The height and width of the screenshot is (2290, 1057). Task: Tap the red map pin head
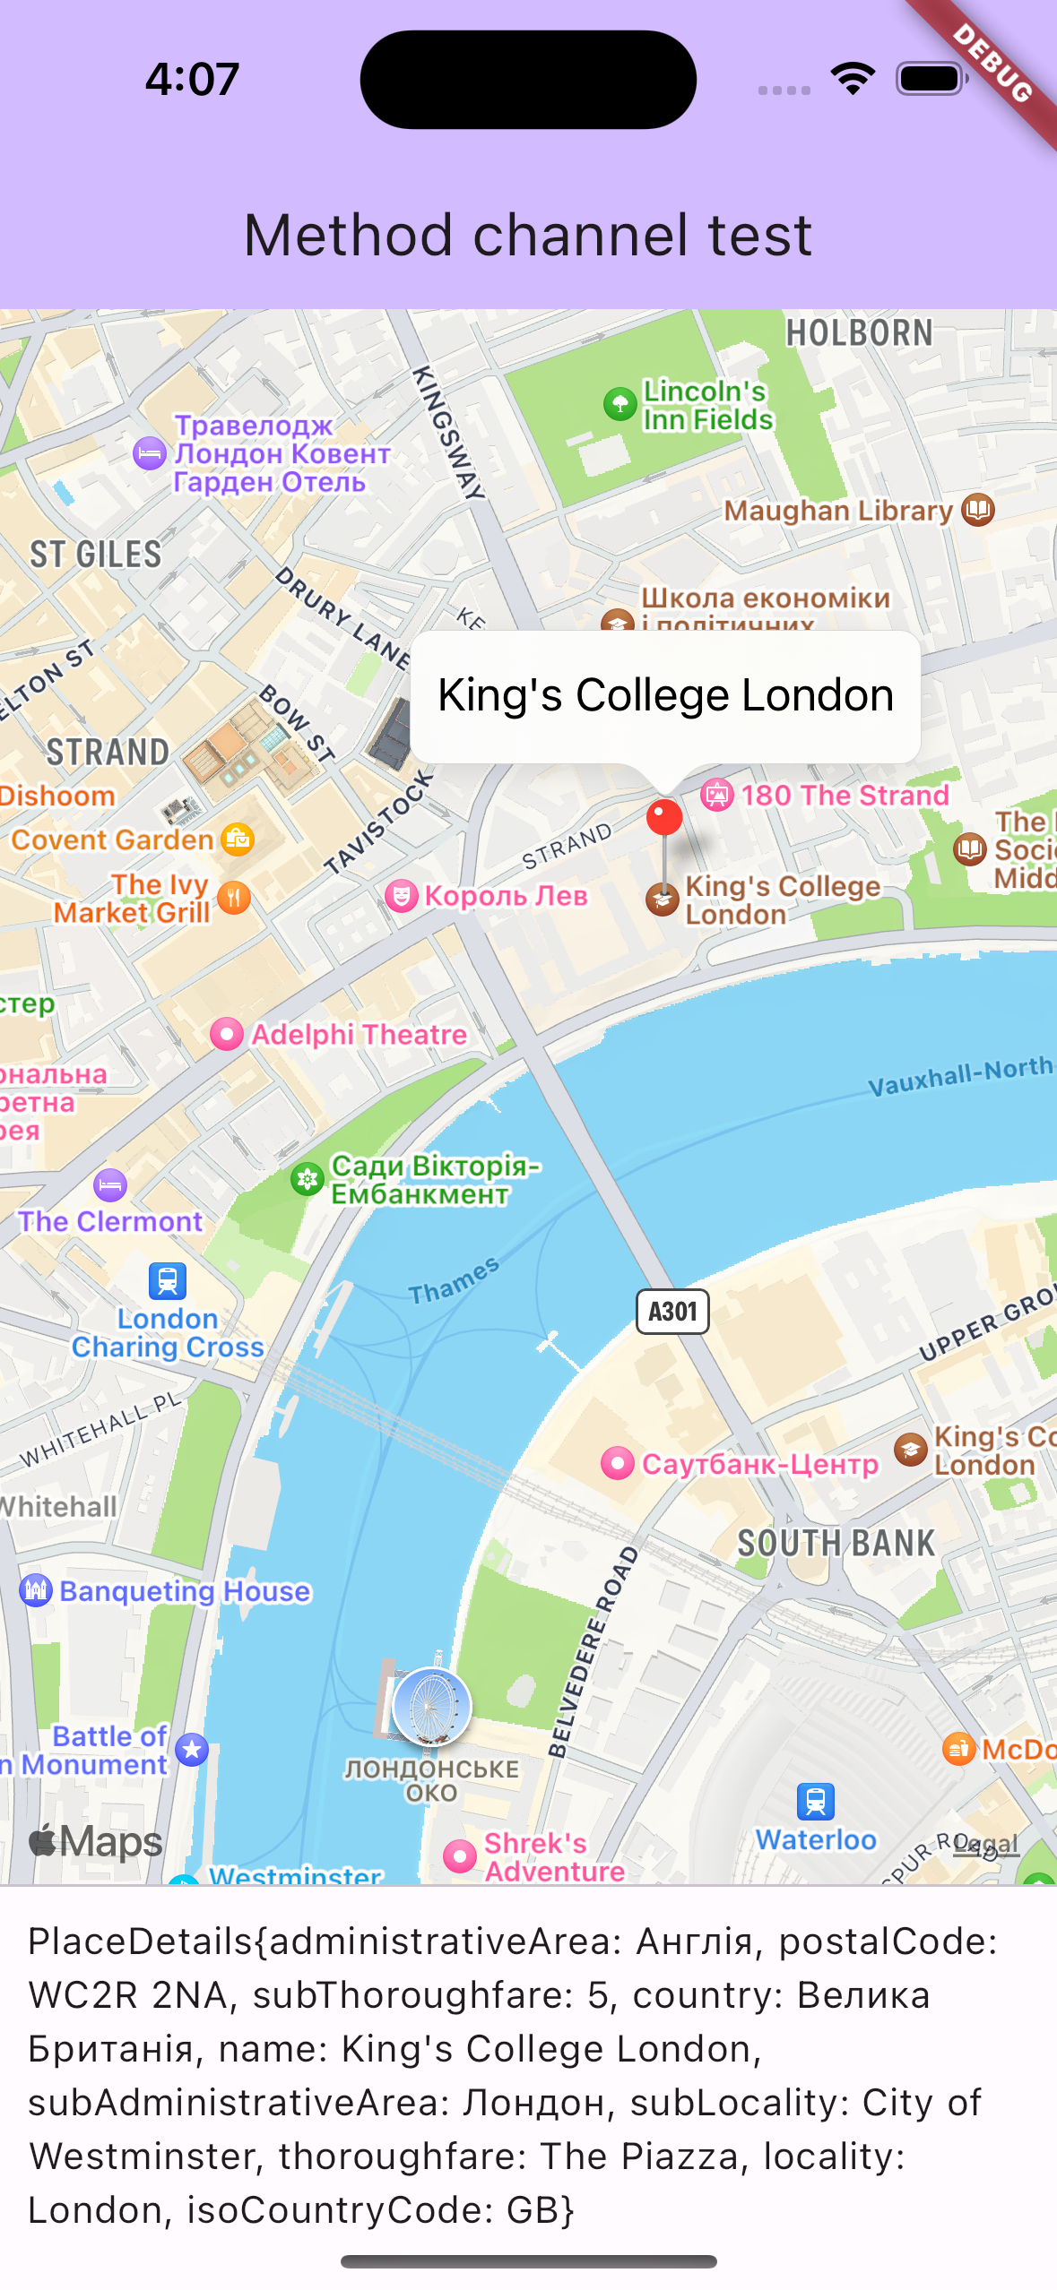(664, 817)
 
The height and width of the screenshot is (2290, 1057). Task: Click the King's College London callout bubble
(665, 696)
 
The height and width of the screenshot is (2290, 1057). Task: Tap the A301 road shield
(672, 1312)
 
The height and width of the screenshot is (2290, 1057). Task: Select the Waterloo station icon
(815, 1801)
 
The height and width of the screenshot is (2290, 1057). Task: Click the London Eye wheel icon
(431, 1706)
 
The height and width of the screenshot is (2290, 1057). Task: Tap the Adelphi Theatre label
(359, 1035)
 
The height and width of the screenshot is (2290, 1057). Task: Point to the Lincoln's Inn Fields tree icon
(619, 404)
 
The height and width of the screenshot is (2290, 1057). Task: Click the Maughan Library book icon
(978, 510)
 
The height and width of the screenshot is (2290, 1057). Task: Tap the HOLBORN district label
(859, 333)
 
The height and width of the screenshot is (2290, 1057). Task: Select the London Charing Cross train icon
(168, 1281)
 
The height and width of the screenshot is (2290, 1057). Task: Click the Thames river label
(453, 1281)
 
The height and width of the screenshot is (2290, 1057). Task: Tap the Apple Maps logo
(96, 1842)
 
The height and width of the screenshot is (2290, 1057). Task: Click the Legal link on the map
(986, 1844)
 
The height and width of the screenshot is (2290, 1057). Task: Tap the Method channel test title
(528, 236)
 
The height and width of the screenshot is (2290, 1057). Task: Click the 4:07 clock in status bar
(192, 79)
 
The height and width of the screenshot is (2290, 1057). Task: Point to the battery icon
(931, 79)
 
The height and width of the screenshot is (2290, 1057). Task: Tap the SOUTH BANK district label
(836, 1544)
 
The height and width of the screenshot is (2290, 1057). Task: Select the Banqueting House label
(185, 1591)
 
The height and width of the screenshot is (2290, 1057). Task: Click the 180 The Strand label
(845, 796)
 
